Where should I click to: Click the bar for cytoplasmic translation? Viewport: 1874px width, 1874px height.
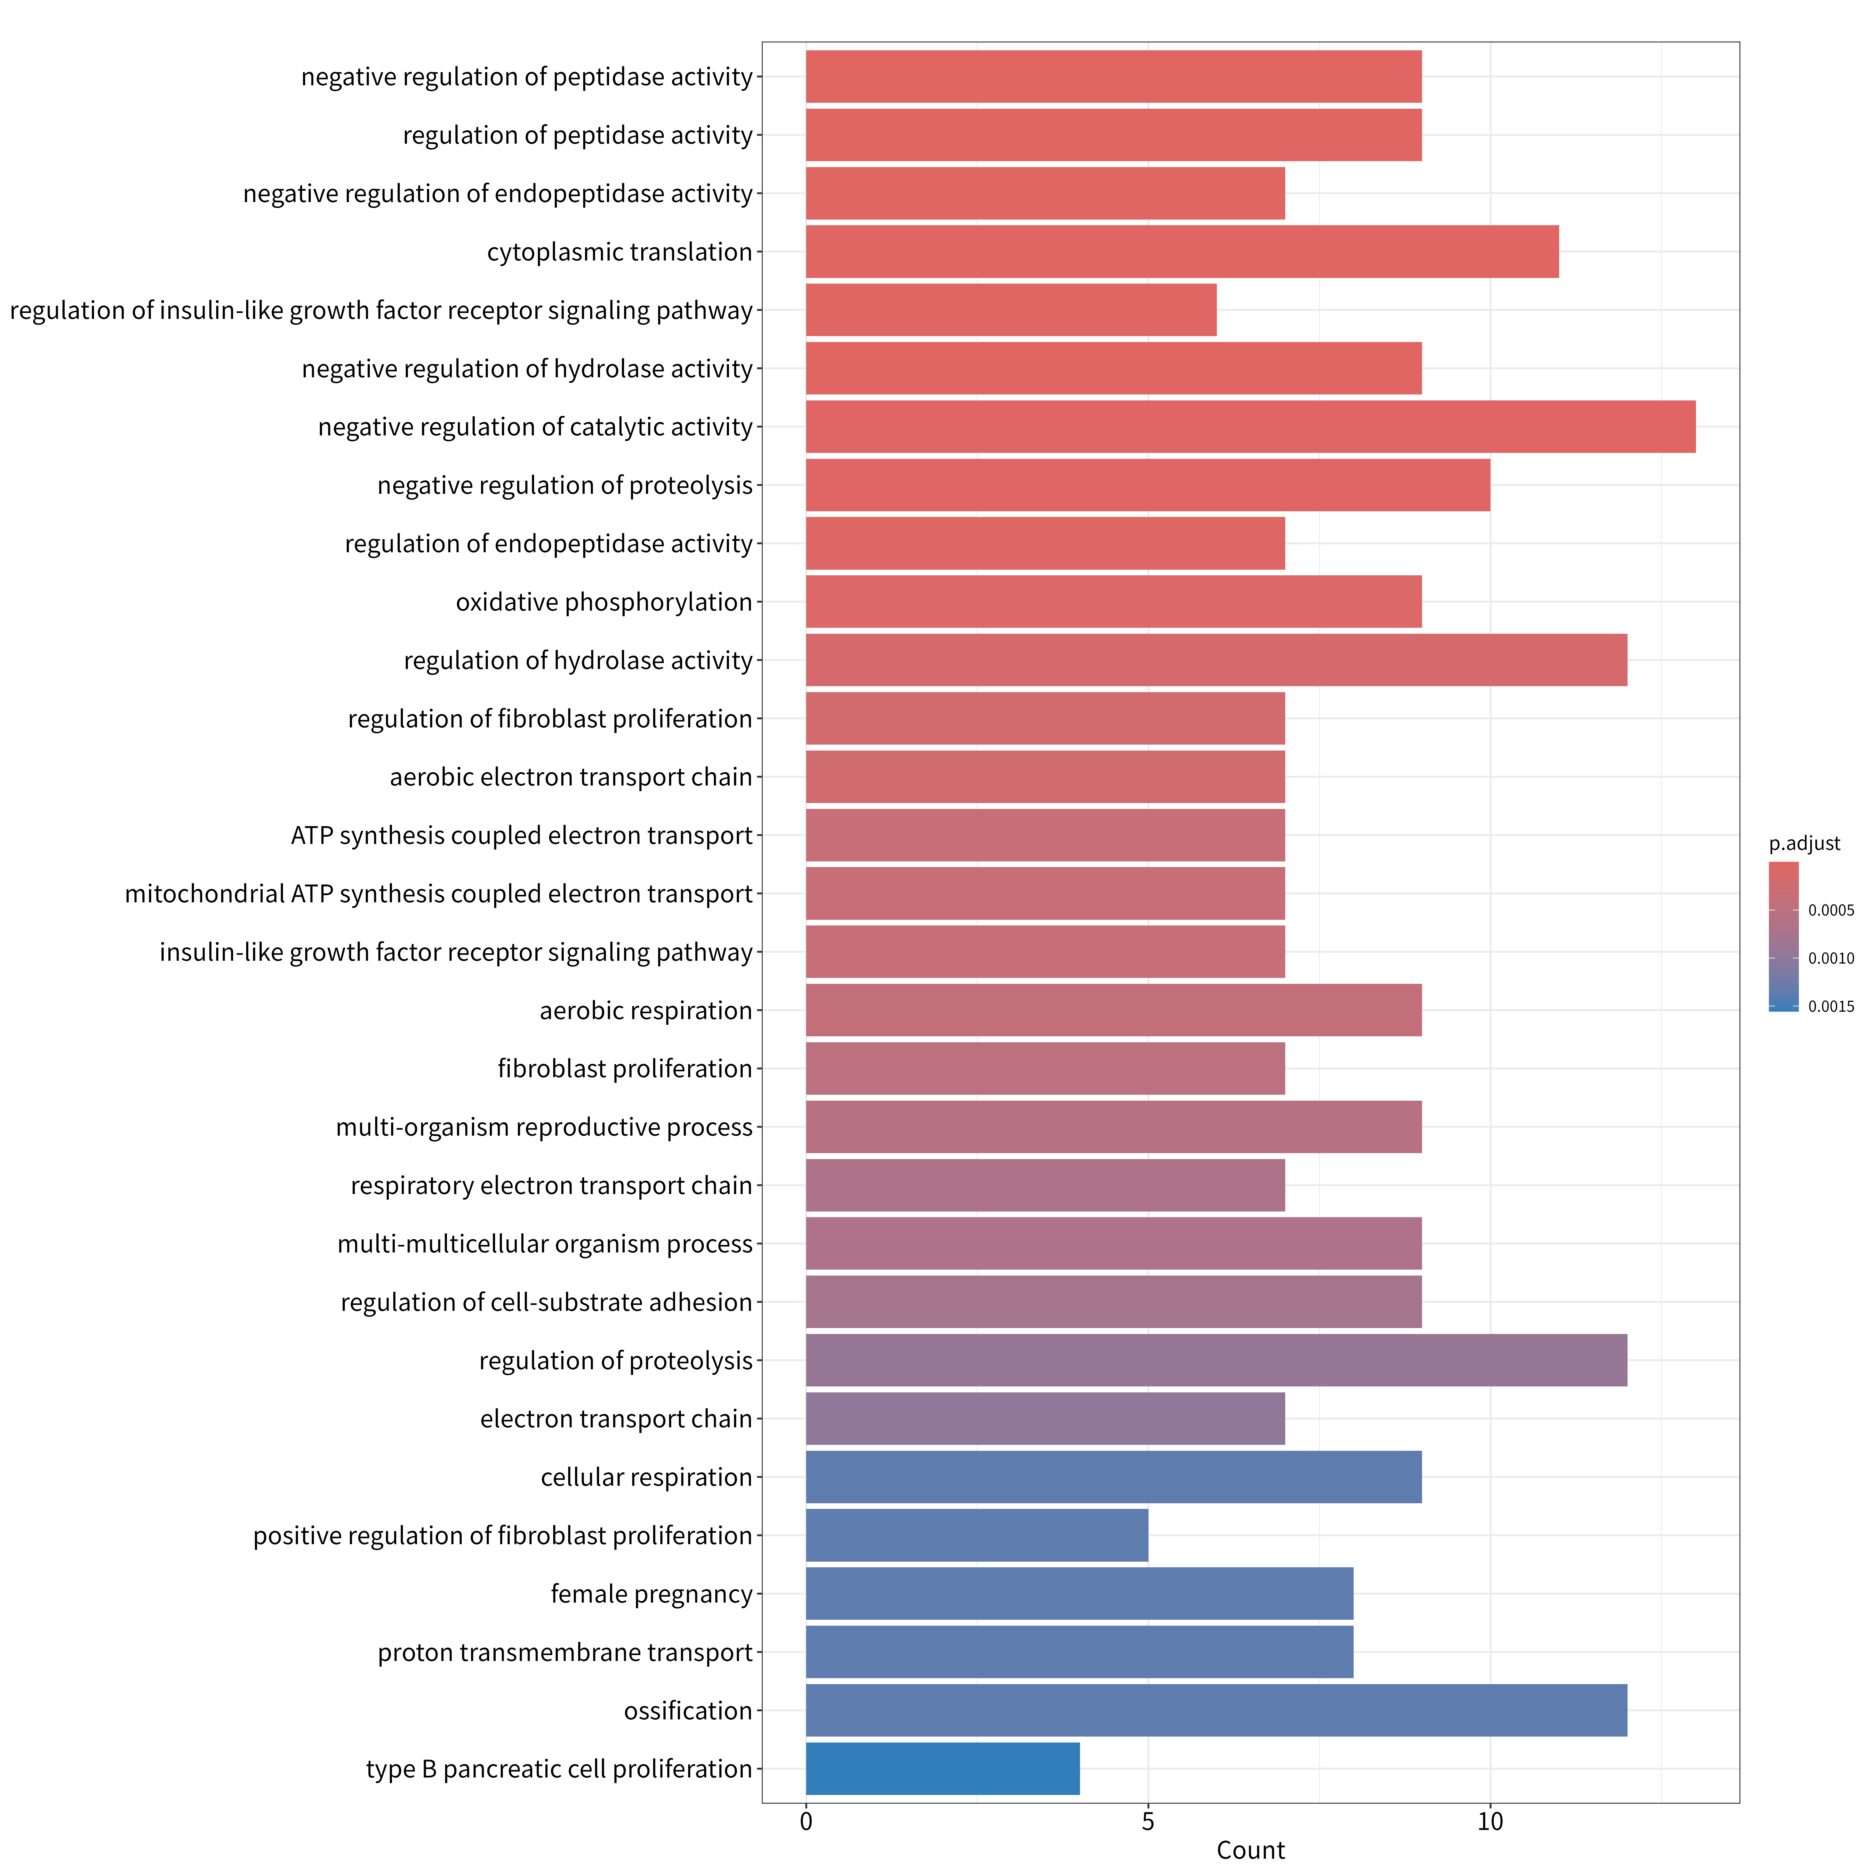click(x=1182, y=252)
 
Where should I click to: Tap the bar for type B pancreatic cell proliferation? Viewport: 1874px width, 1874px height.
click(x=943, y=1769)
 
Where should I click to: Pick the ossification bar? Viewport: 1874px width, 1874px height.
click(x=1216, y=1711)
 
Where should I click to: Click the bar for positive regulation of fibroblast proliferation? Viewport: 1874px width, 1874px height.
click(x=977, y=1535)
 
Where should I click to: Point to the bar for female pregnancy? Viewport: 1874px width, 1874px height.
click(x=1080, y=1594)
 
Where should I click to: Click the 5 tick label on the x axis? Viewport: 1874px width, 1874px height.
click(x=1148, y=1822)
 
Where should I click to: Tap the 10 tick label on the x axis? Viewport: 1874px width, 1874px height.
click(x=1490, y=1822)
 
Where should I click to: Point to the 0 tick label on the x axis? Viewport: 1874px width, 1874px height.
click(x=806, y=1822)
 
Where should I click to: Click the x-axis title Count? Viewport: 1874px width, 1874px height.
click(x=1250, y=1851)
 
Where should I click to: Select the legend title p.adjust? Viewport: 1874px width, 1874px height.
click(x=1804, y=844)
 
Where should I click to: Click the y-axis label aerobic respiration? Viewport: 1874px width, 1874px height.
click(x=646, y=1011)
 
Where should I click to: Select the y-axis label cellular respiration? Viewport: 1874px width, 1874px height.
click(x=647, y=1477)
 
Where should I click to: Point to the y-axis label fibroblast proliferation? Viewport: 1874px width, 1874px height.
click(x=626, y=1069)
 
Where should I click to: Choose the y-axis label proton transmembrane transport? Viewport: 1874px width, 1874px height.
click(x=566, y=1653)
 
